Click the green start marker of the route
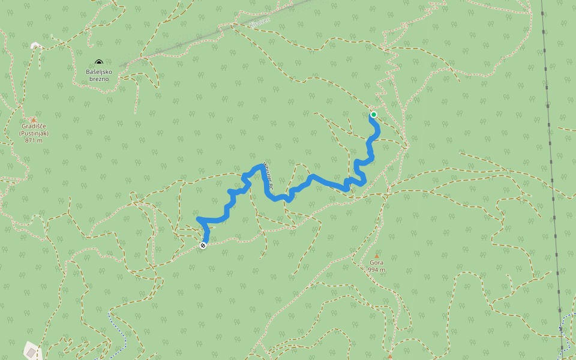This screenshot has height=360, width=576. pyautogui.click(x=373, y=114)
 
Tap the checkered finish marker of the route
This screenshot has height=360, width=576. pyautogui.click(x=203, y=245)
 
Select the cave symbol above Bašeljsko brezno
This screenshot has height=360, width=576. pyautogui.click(x=99, y=62)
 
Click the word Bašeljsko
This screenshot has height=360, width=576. pyautogui.click(x=99, y=71)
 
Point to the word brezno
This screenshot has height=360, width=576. pyautogui.click(x=99, y=79)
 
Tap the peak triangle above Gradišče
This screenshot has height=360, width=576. pyautogui.click(x=34, y=119)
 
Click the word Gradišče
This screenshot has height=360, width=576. pyautogui.click(x=34, y=127)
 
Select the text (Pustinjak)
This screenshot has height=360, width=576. pyautogui.click(x=34, y=133)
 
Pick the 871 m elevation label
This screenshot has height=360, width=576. pyautogui.click(x=34, y=140)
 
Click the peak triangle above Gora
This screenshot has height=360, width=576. pyautogui.click(x=377, y=256)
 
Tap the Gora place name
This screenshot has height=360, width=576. pyautogui.click(x=377, y=263)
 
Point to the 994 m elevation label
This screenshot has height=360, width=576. pyautogui.click(x=377, y=270)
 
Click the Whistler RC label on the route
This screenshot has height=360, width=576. pyautogui.click(x=268, y=178)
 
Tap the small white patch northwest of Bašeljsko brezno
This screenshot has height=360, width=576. pyautogui.click(x=35, y=45)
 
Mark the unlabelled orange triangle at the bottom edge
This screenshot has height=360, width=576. pyautogui.click(x=389, y=356)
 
